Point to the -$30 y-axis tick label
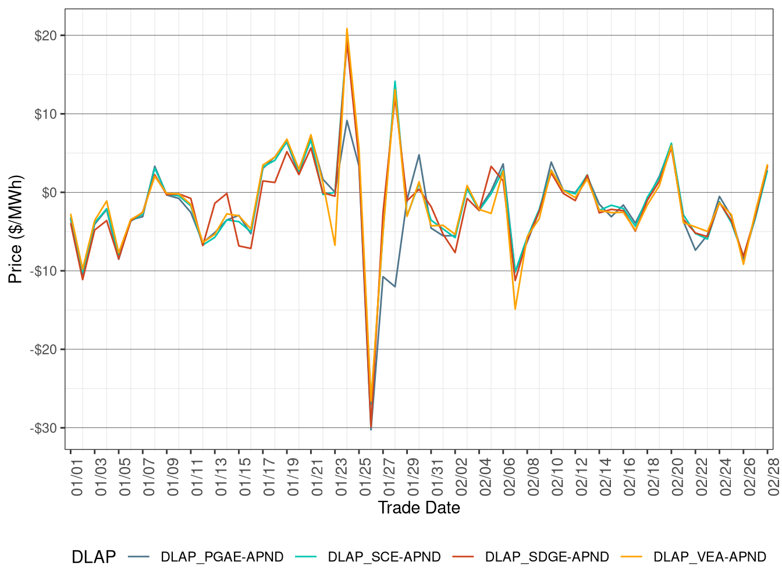[x=44, y=428]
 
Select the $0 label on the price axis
[x=49, y=193]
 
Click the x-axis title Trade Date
[x=419, y=508]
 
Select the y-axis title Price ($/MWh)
[x=16, y=229]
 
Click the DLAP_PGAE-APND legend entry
[x=222, y=557]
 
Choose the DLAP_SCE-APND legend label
[x=384, y=557]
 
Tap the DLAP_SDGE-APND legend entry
[x=547, y=557]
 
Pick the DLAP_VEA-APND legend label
[x=710, y=557]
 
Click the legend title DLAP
[x=93, y=557]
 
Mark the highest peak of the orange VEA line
[x=347, y=29]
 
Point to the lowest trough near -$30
[x=371, y=429]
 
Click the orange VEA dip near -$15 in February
[x=515, y=309]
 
